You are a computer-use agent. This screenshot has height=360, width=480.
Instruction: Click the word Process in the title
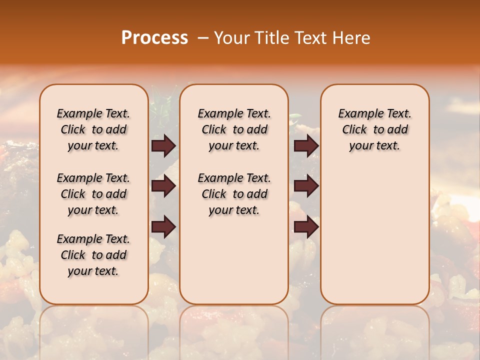coord(154,38)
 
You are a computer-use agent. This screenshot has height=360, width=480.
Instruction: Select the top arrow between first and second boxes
coord(163,145)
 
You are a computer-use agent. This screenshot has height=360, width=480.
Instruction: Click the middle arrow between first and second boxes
coord(163,186)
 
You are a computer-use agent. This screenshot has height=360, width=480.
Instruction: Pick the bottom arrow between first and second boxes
coord(163,227)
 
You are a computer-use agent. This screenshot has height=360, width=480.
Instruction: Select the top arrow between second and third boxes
coord(306,145)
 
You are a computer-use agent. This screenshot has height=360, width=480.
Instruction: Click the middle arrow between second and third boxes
coord(306,186)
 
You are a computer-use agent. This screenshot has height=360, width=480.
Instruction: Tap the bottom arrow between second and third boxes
coord(306,227)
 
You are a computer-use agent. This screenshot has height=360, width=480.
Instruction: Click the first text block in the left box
coord(93,129)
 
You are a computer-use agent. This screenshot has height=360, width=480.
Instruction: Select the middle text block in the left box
coord(93,194)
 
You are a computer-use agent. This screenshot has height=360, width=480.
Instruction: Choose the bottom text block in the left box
coord(93,255)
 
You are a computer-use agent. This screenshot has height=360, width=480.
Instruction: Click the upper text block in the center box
coord(234,129)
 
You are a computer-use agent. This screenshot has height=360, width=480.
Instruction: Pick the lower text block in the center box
coord(234,194)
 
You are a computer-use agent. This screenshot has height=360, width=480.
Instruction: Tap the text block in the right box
coord(375,129)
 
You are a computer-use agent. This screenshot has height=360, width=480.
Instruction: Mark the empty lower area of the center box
coord(234,260)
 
